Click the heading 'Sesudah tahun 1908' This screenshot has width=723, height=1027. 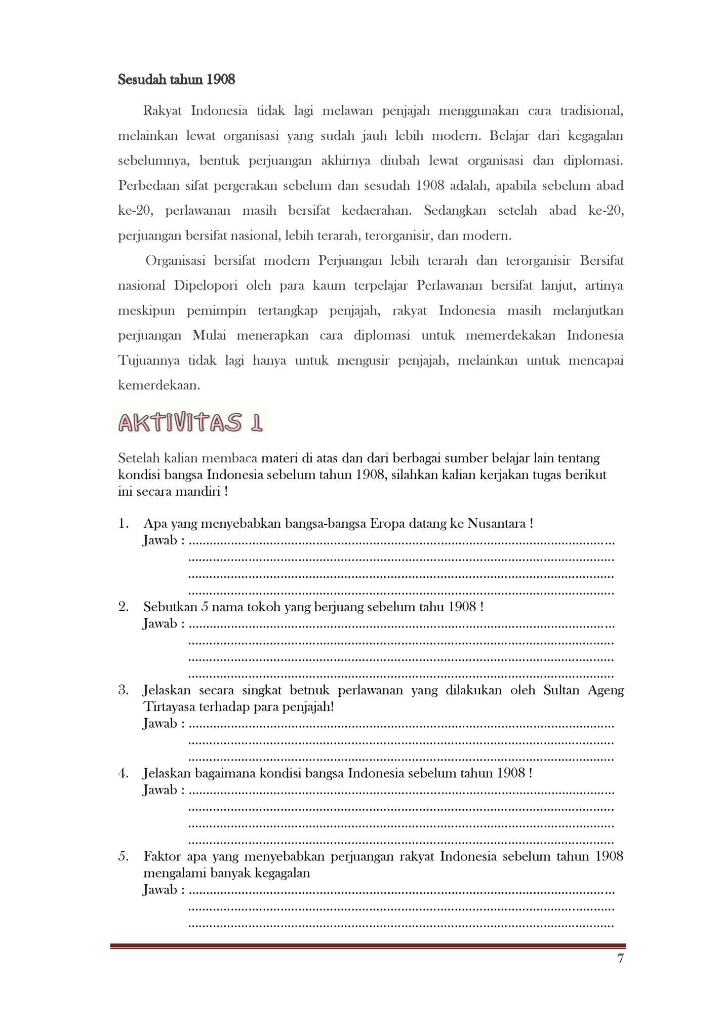(176, 80)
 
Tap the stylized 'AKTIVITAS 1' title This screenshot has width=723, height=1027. (190, 423)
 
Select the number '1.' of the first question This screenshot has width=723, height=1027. (124, 523)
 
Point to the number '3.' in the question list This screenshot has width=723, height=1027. (124, 690)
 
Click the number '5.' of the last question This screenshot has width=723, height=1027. (124, 856)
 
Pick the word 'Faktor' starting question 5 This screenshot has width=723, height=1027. (162, 856)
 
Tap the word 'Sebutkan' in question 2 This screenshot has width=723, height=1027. (169, 606)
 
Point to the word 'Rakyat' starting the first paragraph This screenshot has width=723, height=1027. (162, 111)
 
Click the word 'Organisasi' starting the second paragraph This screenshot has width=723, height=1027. (175, 261)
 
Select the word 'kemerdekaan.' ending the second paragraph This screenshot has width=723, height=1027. (159, 385)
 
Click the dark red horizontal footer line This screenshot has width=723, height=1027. (368, 945)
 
